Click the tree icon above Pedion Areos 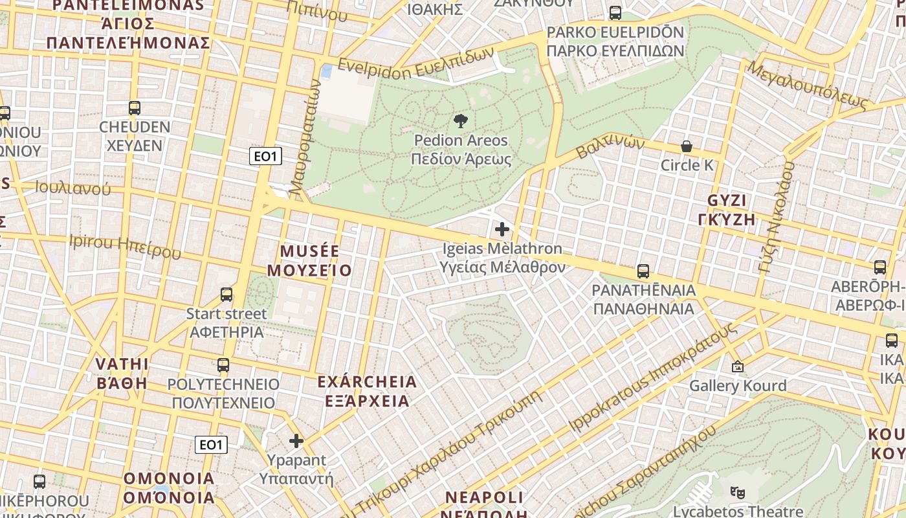click(461, 120)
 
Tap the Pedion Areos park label click(461, 150)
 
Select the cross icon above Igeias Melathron click(502, 229)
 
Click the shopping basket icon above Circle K click(686, 147)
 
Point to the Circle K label click(687, 165)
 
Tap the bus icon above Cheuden click(135, 108)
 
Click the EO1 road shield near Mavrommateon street click(265, 156)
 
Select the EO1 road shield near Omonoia click(211, 444)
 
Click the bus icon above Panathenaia click(643, 271)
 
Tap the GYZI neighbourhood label click(727, 209)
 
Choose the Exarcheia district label click(367, 391)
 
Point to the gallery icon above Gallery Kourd click(737, 367)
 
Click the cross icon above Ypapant click(296, 441)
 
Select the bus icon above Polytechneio click(223, 365)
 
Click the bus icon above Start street click(226, 295)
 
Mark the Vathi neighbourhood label click(122, 373)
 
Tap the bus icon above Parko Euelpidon click(615, 13)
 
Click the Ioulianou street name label click(72, 188)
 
